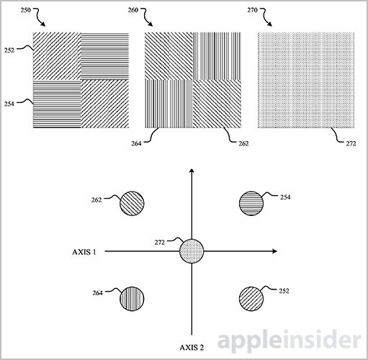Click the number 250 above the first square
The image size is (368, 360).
[x=26, y=10]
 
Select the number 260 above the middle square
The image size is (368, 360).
[x=133, y=10]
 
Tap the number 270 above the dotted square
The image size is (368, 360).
[x=252, y=10]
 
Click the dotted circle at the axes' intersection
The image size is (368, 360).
[x=192, y=251]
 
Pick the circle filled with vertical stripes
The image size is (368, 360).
[x=132, y=299]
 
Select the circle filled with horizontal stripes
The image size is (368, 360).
[x=251, y=204]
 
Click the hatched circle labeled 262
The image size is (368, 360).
[x=132, y=204]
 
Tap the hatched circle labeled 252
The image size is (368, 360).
[x=251, y=299]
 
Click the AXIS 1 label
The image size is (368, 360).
[x=84, y=252]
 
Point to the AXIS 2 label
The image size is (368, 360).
[x=192, y=348]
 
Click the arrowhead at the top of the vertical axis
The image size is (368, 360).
[x=192, y=171]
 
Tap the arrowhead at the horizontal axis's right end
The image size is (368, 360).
[x=275, y=251]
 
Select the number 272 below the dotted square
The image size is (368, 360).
[x=351, y=143]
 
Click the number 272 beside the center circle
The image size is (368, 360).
[x=160, y=243]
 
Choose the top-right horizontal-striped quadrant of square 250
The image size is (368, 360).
[x=104, y=56]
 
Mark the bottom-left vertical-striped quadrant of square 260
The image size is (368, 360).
[x=169, y=104]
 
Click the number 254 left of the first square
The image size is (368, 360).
[x=9, y=104]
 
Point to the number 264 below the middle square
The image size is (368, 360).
[x=136, y=143]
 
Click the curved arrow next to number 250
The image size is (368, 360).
[x=39, y=17]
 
